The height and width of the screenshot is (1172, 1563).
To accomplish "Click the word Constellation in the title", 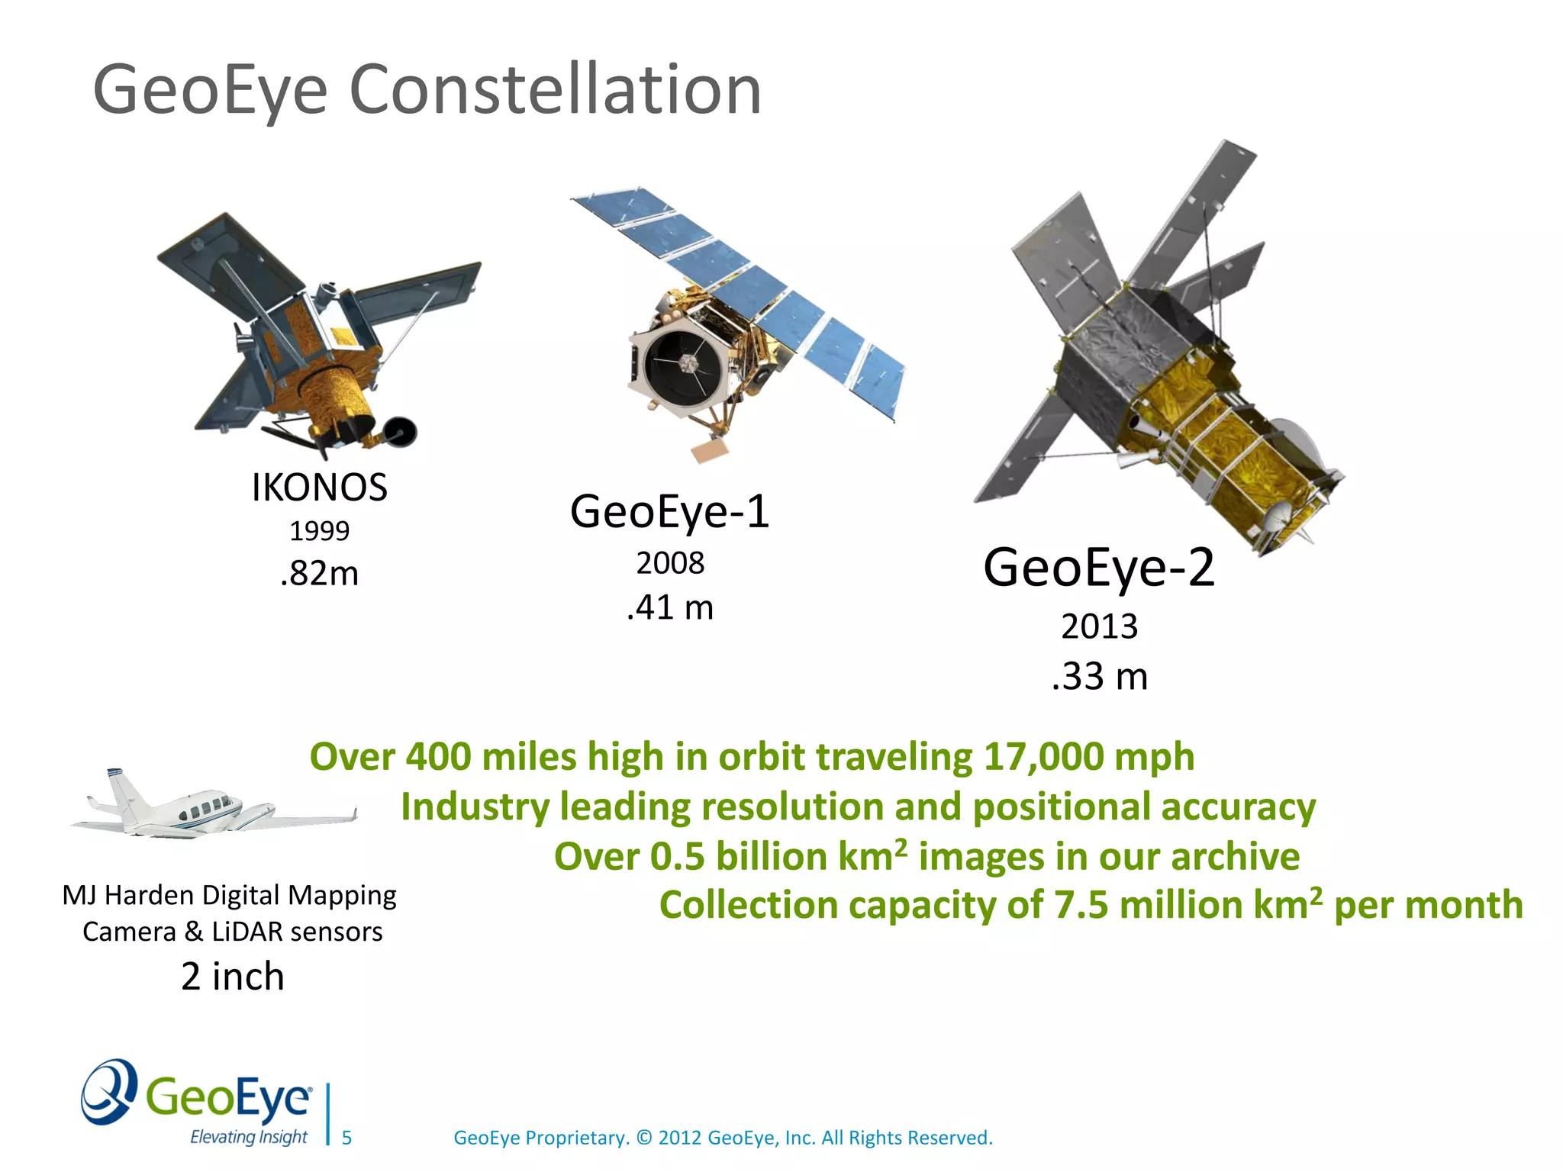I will (x=555, y=90).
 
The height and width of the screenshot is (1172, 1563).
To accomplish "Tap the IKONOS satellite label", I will (x=319, y=488).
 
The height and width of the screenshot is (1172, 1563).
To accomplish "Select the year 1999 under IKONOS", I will (x=319, y=531).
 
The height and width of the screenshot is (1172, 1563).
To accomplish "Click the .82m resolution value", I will (x=319, y=573).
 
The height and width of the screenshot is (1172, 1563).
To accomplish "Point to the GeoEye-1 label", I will (x=669, y=511).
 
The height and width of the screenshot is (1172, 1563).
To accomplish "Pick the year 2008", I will (x=670, y=563).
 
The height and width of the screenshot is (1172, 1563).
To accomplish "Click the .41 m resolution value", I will (x=670, y=607).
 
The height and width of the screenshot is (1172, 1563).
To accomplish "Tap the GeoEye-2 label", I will (x=1098, y=568).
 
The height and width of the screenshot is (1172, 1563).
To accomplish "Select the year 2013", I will (x=1099, y=627).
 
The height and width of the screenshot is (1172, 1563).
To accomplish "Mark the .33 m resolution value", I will (x=1099, y=677).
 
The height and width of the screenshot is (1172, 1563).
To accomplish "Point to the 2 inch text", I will (x=232, y=977).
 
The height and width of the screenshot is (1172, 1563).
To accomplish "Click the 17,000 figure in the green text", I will (x=1043, y=758).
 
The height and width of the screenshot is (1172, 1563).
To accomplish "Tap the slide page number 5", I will (x=346, y=1138).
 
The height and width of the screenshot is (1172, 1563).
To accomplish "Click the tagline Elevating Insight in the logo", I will (x=248, y=1137).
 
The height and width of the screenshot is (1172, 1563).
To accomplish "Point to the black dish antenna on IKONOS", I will (x=401, y=432).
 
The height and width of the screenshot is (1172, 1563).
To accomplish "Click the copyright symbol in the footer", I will (x=644, y=1138).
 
